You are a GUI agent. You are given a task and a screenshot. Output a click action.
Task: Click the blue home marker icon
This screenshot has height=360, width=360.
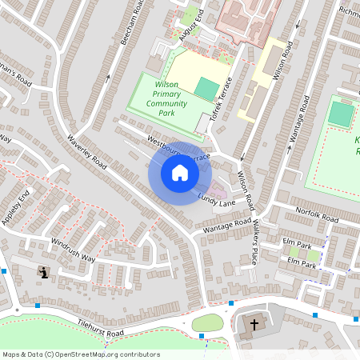click(x=179, y=173)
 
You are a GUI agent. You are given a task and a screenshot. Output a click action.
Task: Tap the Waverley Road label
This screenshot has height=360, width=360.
click(x=87, y=150)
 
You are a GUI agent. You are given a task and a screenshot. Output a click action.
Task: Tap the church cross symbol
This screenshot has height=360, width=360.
click(x=254, y=325)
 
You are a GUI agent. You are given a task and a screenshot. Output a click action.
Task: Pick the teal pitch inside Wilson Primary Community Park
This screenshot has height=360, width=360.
click(x=207, y=89)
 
